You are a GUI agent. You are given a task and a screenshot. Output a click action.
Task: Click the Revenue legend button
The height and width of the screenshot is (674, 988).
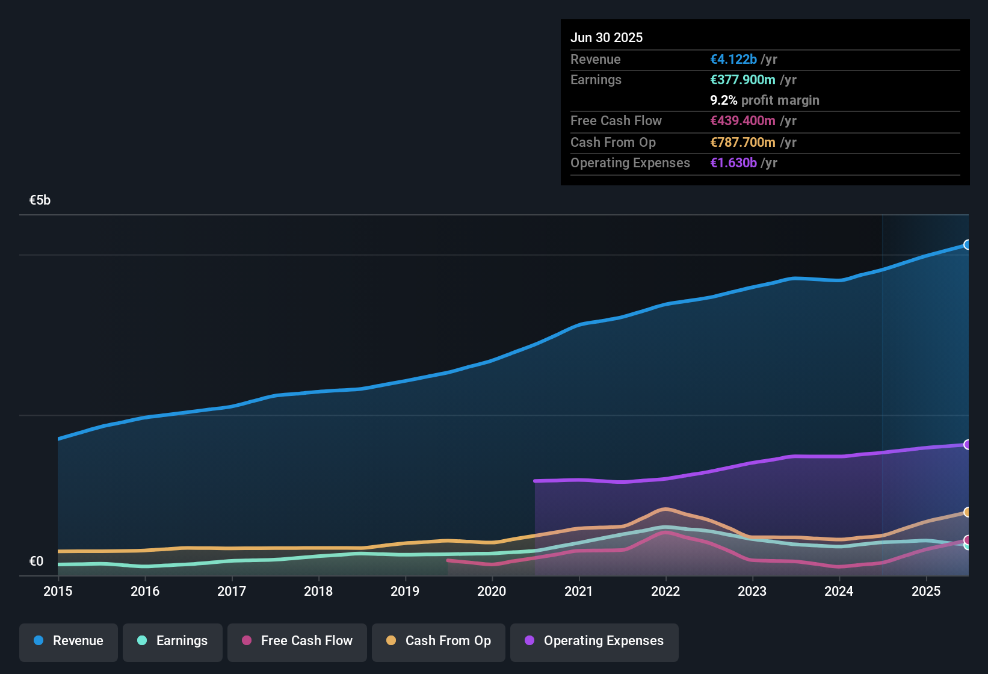(x=69, y=641)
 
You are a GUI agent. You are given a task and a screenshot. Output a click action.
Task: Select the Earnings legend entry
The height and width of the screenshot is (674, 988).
(x=173, y=641)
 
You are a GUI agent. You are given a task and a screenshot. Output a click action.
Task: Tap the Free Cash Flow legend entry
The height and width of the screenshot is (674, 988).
(x=297, y=641)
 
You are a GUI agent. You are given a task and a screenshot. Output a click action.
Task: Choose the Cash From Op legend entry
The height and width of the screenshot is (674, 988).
(x=439, y=641)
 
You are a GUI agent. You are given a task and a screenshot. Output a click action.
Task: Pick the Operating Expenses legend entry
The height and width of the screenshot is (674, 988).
(x=594, y=641)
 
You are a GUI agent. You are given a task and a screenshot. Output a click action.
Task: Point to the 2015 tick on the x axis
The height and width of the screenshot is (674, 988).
(x=58, y=591)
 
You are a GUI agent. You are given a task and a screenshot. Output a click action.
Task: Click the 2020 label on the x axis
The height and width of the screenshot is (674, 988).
(x=492, y=591)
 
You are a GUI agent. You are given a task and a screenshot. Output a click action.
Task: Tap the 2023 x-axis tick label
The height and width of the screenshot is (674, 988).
(x=752, y=591)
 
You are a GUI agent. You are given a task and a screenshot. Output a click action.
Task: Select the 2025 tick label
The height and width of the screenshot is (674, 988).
(x=926, y=591)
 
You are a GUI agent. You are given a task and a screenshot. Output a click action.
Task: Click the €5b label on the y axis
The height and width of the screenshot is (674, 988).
(x=40, y=200)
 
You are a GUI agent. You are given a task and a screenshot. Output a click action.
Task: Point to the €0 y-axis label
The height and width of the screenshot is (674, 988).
(x=36, y=561)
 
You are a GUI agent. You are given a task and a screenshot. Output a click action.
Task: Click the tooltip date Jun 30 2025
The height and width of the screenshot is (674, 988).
(x=607, y=37)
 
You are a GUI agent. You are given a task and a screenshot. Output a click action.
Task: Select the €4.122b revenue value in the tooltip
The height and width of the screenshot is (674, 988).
(x=733, y=59)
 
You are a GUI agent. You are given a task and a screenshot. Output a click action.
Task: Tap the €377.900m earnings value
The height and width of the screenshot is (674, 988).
(x=743, y=79)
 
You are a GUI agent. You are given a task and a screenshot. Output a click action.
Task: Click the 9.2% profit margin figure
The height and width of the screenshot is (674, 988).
(x=723, y=100)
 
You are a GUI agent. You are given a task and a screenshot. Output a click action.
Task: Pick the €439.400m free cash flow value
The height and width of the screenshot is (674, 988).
(x=743, y=120)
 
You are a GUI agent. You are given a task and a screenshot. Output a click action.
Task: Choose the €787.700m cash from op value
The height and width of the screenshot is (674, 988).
(x=743, y=142)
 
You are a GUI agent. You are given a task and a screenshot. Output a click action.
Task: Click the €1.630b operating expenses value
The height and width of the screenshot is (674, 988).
(x=733, y=162)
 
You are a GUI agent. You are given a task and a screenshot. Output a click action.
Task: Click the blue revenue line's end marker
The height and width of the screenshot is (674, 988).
(x=968, y=245)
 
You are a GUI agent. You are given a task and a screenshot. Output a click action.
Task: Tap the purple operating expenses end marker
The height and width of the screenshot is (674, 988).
(x=968, y=445)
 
